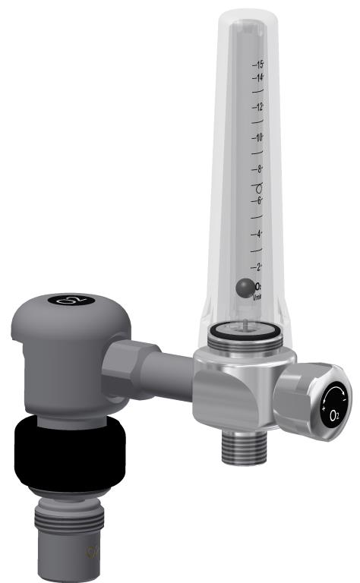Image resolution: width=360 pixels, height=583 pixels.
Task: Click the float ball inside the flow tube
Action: (x=245, y=288)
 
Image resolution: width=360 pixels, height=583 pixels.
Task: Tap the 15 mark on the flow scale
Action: (x=260, y=65)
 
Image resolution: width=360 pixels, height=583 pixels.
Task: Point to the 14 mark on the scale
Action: (x=260, y=77)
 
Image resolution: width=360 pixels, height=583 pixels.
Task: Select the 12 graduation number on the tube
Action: (x=260, y=106)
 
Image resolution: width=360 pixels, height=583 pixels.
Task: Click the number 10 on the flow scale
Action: (x=260, y=137)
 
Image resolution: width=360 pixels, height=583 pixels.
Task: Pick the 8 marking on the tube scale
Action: (x=260, y=169)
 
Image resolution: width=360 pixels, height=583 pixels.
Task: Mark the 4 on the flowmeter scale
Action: (x=260, y=234)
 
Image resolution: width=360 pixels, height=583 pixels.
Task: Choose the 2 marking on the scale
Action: (x=260, y=266)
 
